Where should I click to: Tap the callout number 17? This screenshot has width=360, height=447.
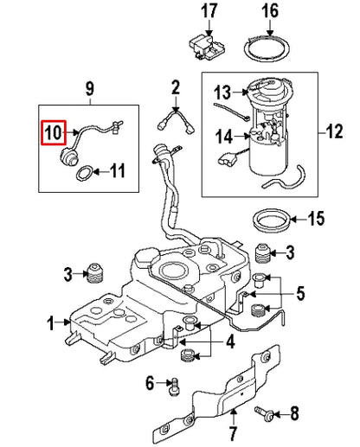click(207, 11)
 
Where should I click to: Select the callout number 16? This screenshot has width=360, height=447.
click(270, 11)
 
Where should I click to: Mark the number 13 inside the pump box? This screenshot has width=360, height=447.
click(223, 93)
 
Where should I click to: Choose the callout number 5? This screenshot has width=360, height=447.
click(299, 294)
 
